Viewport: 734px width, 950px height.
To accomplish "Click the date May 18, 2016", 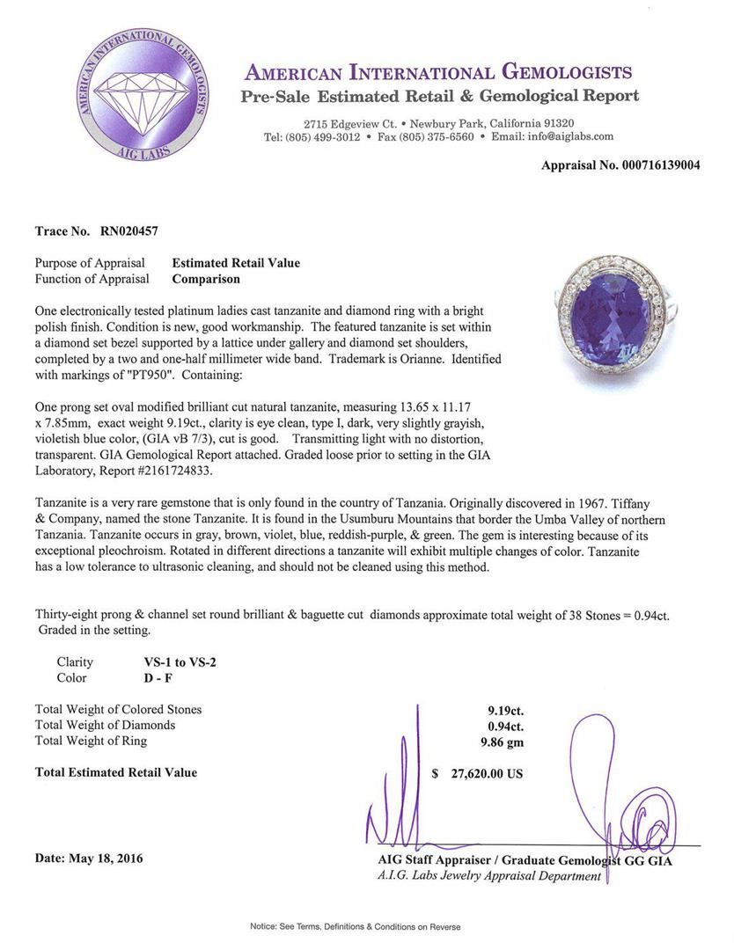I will point(89,858).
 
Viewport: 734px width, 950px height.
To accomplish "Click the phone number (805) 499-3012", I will point(323,137).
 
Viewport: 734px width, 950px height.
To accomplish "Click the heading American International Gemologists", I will point(438,72).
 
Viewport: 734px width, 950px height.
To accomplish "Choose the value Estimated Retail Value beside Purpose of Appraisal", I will point(236,263).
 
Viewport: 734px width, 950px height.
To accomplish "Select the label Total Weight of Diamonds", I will point(105,725).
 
